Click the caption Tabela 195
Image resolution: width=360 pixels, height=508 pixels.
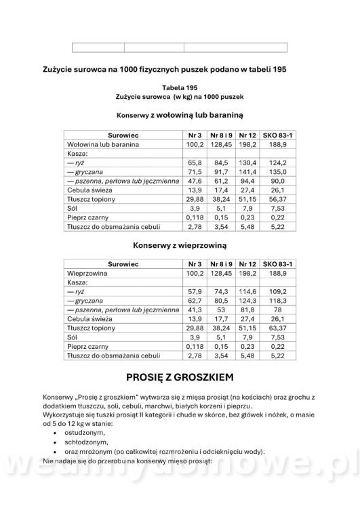[180, 87]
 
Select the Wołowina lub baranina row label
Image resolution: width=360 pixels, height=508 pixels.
[103, 144]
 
